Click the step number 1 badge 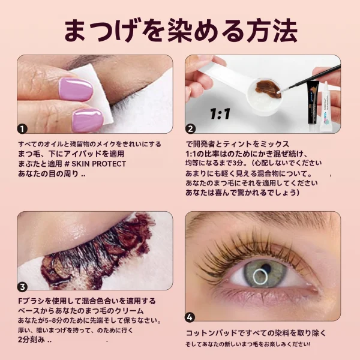[22, 129]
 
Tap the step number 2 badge [190, 129]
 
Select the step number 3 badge [22, 287]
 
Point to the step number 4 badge [190, 317]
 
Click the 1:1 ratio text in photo [220, 113]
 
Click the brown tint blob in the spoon [268, 89]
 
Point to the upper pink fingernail [76, 89]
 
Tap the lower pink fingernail [88, 120]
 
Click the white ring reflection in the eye [260, 277]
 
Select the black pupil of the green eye [266, 268]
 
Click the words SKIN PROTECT [99, 164]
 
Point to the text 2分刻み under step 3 [31, 340]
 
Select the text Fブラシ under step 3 [31, 301]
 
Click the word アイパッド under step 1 [83, 154]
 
